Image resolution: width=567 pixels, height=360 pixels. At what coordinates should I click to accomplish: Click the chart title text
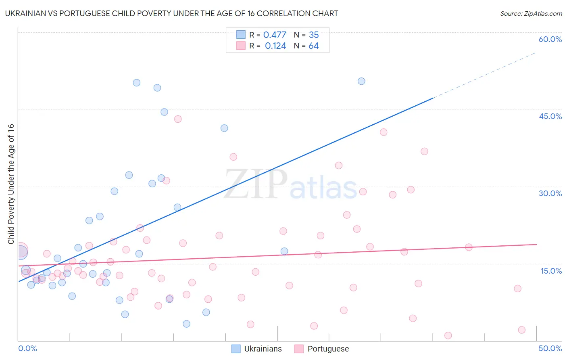click(x=171, y=13)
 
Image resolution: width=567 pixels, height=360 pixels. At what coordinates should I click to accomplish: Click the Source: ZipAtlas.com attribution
click(x=531, y=13)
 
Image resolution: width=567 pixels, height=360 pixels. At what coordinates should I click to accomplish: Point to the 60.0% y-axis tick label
click(x=550, y=39)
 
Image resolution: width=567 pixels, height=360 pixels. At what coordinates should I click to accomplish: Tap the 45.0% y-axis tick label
click(x=550, y=116)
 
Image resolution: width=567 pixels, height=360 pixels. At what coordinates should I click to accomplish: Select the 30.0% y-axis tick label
click(x=550, y=193)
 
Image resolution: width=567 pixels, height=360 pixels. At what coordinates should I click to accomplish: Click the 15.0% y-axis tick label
click(x=551, y=271)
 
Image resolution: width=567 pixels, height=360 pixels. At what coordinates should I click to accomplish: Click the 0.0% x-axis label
click(x=27, y=348)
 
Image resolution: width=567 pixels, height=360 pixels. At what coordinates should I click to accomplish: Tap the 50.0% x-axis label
click(x=550, y=348)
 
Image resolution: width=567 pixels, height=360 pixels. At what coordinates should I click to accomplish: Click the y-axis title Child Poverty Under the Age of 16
click(x=11, y=184)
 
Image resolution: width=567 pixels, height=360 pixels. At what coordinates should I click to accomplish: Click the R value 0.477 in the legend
click(x=275, y=35)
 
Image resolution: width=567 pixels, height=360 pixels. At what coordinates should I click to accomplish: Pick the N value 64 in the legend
click(x=313, y=46)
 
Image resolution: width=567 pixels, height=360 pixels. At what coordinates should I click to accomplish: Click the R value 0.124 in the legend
click(x=275, y=46)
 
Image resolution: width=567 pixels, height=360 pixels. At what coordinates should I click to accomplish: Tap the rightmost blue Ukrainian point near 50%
click(x=361, y=81)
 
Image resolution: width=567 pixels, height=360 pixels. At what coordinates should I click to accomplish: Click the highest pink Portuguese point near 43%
click(x=178, y=119)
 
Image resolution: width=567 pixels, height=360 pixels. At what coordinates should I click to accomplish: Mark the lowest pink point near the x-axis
click(x=448, y=335)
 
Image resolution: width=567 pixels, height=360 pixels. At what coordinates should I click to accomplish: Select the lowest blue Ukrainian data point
click(x=186, y=324)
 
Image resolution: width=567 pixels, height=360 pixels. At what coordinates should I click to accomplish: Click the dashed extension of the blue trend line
click(x=484, y=75)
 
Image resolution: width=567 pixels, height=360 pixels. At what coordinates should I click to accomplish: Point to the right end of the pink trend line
click(x=536, y=245)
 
